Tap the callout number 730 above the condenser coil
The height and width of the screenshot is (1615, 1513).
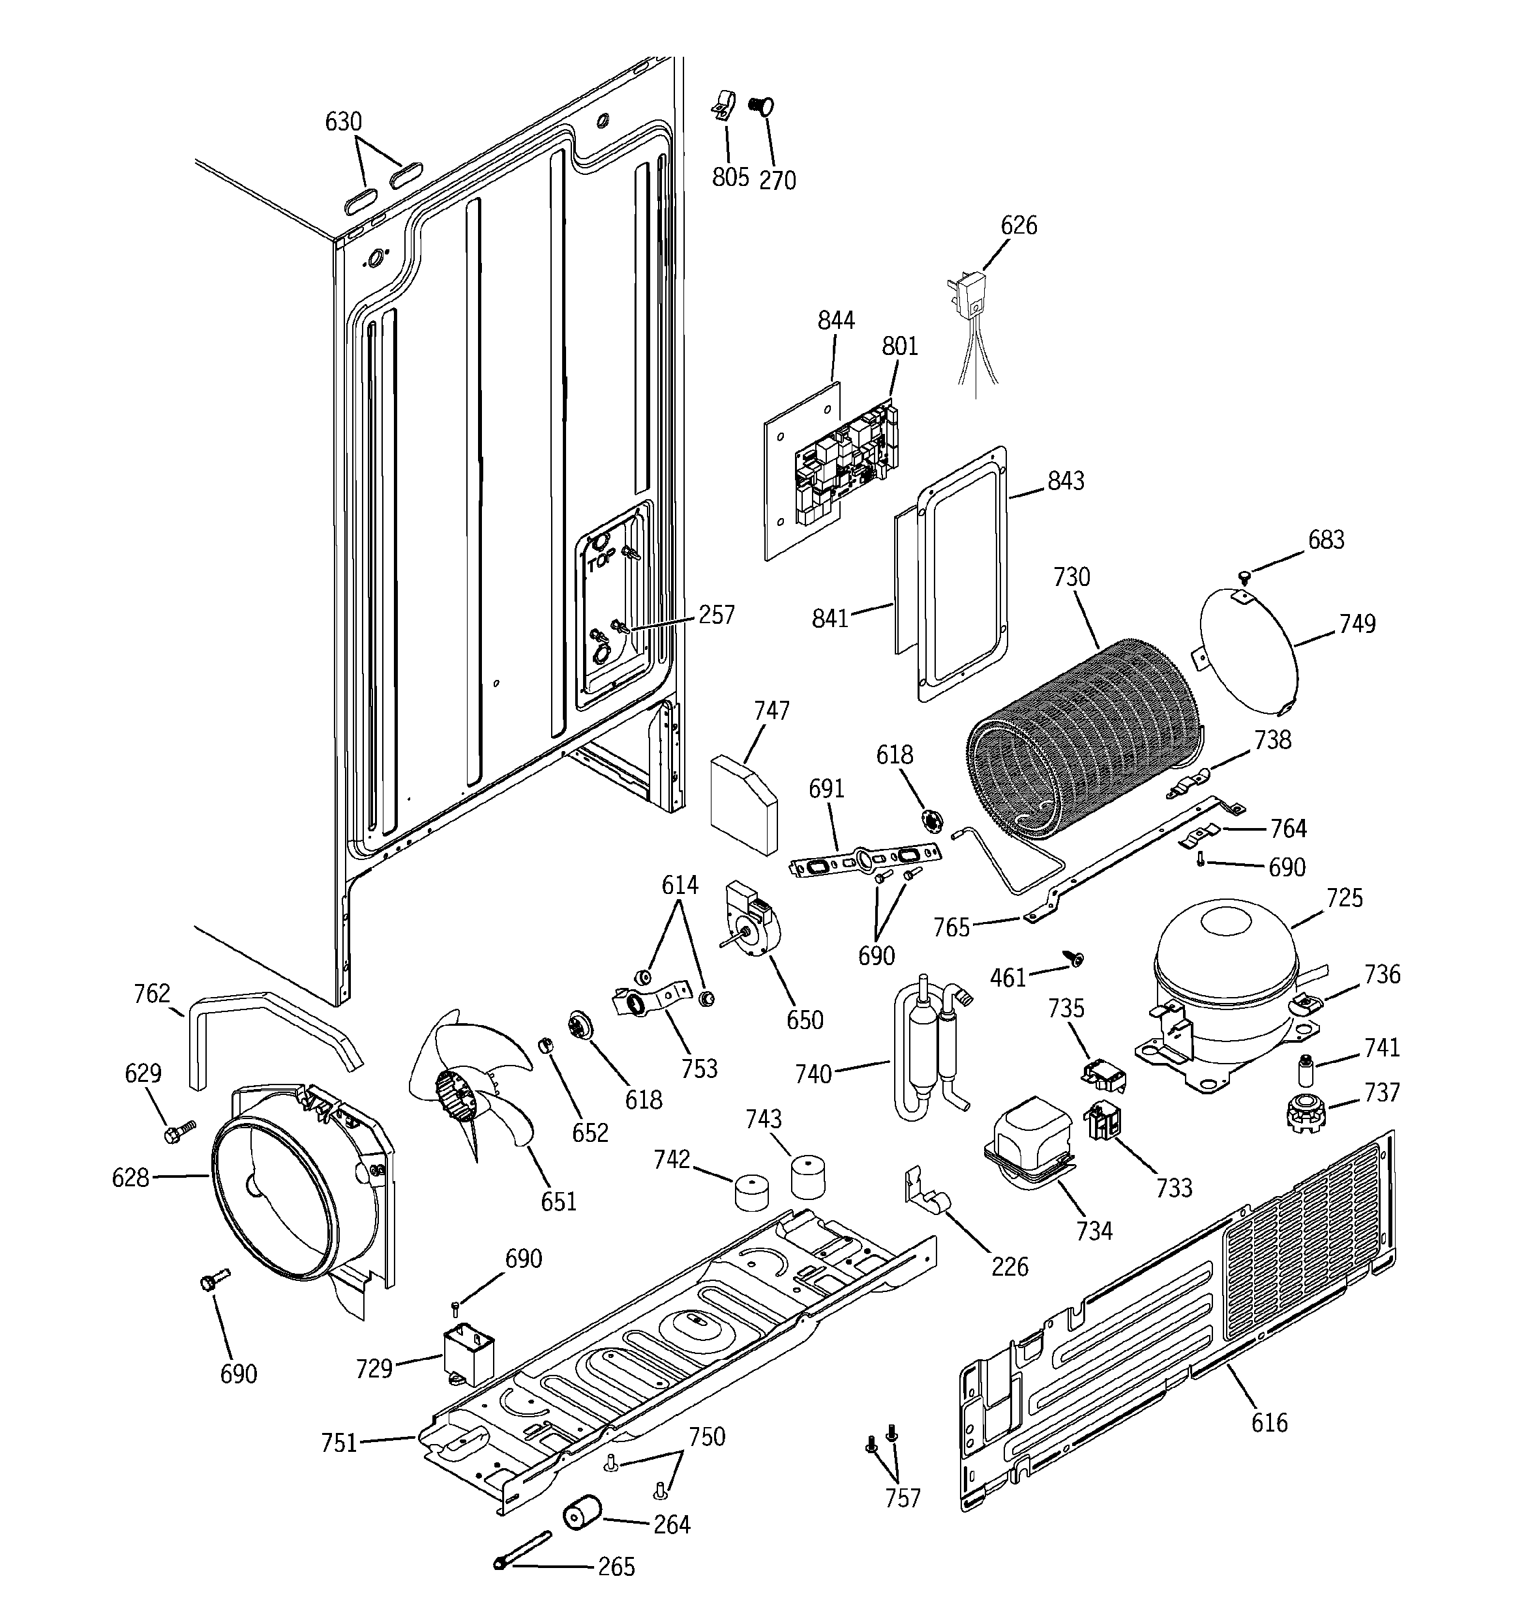[x=1071, y=577]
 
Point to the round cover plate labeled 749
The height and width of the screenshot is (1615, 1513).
[x=1247, y=658]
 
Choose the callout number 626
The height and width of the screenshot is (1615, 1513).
[x=1019, y=226]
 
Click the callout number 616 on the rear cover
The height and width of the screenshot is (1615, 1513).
[x=1268, y=1423]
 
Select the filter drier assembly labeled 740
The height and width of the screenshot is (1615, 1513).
[x=926, y=1048]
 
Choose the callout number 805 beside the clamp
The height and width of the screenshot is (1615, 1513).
[x=730, y=177]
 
